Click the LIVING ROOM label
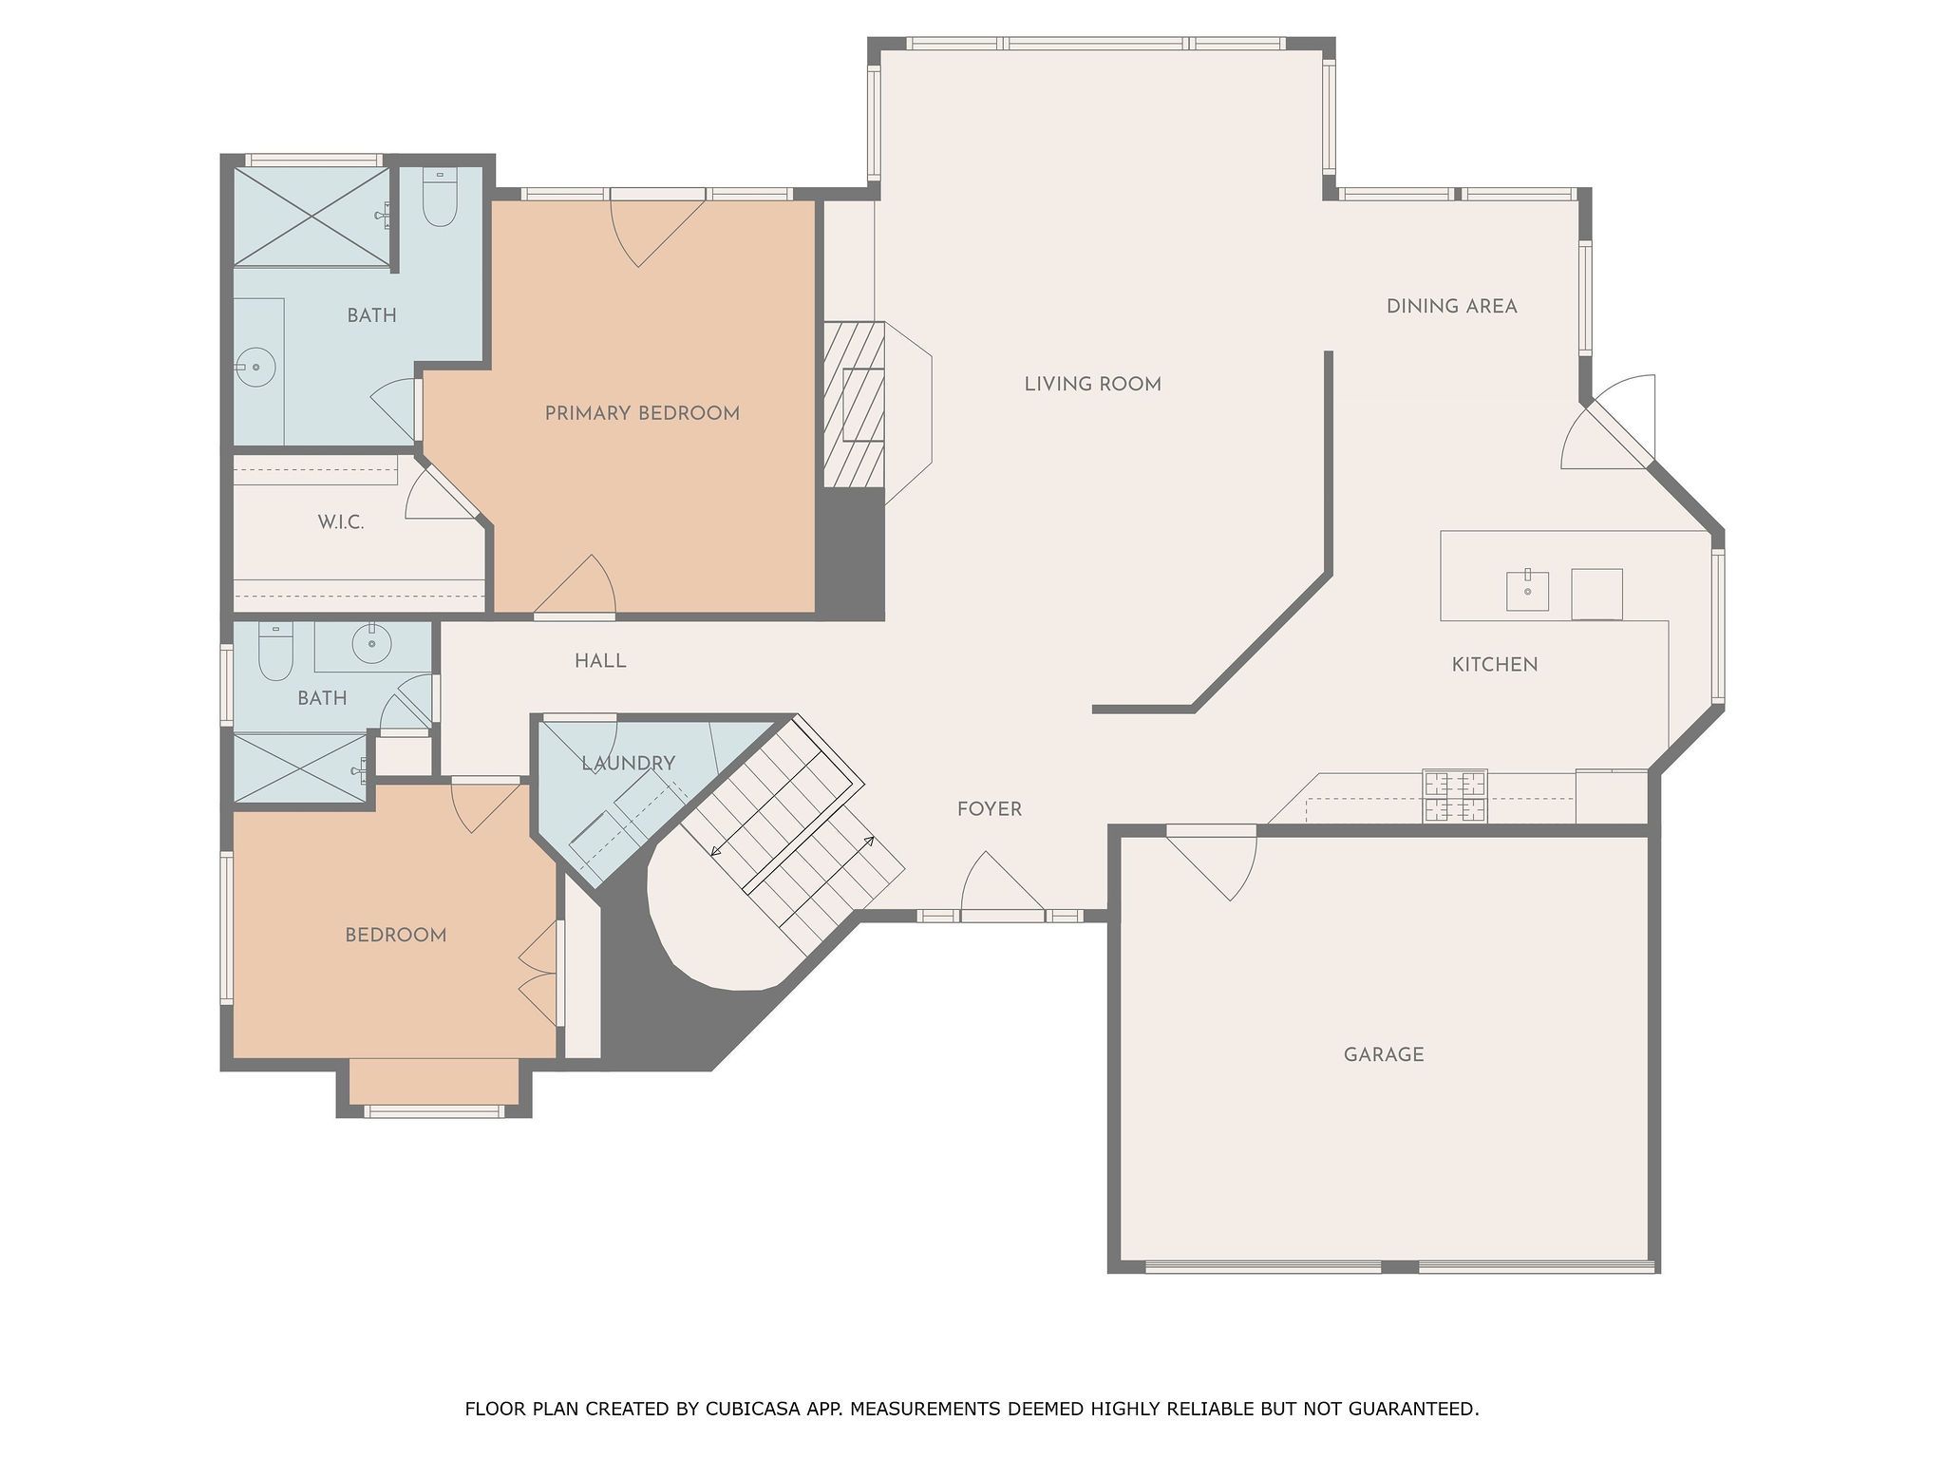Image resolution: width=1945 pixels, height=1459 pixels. pos(1092,385)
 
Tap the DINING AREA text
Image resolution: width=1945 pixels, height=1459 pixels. pos(1451,307)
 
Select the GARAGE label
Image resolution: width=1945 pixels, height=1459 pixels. pos(1383,1054)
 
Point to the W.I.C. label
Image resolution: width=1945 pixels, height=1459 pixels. pos(340,522)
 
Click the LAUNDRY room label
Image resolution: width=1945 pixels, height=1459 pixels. pos(628,763)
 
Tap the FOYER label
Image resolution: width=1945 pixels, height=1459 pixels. pos(989,809)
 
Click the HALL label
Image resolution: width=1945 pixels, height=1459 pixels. pos(600,661)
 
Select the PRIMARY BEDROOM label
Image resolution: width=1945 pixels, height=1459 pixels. pos(642,413)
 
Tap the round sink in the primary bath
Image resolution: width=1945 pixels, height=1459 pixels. pos(255,367)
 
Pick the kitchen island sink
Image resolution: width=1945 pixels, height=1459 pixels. pos(1527,591)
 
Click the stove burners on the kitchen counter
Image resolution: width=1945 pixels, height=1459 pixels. pos(1454,796)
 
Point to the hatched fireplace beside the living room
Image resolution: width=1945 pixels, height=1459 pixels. pos(854,405)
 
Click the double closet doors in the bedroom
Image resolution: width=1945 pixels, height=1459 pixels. pos(539,973)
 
